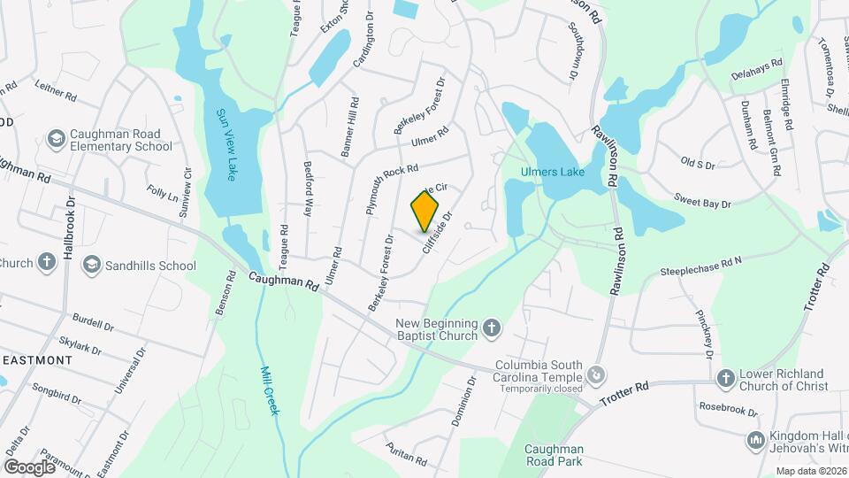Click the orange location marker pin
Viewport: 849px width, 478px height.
(x=425, y=210)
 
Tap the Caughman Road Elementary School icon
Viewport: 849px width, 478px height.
(x=57, y=140)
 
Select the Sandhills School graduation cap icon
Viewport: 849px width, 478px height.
(x=91, y=265)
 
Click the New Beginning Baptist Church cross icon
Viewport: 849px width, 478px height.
(x=493, y=330)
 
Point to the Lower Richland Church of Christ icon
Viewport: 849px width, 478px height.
(x=725, y=379)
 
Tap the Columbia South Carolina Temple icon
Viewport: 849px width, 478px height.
(x=597, y=375)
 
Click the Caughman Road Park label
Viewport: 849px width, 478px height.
(x=553, y=455)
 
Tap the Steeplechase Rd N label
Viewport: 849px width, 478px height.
(x=700, y=264)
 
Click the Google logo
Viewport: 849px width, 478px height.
(x=29, y=466)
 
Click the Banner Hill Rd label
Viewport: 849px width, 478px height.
(x=351, y=127)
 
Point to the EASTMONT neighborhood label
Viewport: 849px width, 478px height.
(x=35, y=360)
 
